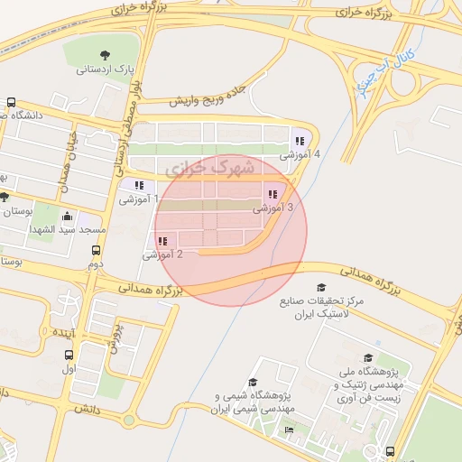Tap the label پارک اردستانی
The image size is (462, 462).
(x=105, y=69)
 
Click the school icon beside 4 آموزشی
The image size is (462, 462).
(x=300, y=141)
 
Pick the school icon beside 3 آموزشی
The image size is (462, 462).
(x=272, y=194)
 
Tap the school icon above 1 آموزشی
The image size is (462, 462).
(x=139, y=186)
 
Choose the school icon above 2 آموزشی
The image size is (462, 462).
(x=162, y=241)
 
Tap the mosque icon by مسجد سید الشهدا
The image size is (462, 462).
(x=68, y=217)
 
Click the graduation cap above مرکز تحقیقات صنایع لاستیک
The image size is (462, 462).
(x=321, y=288)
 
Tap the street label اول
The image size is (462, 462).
(x=69, y=369)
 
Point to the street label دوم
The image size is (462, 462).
(x=96, y=264)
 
